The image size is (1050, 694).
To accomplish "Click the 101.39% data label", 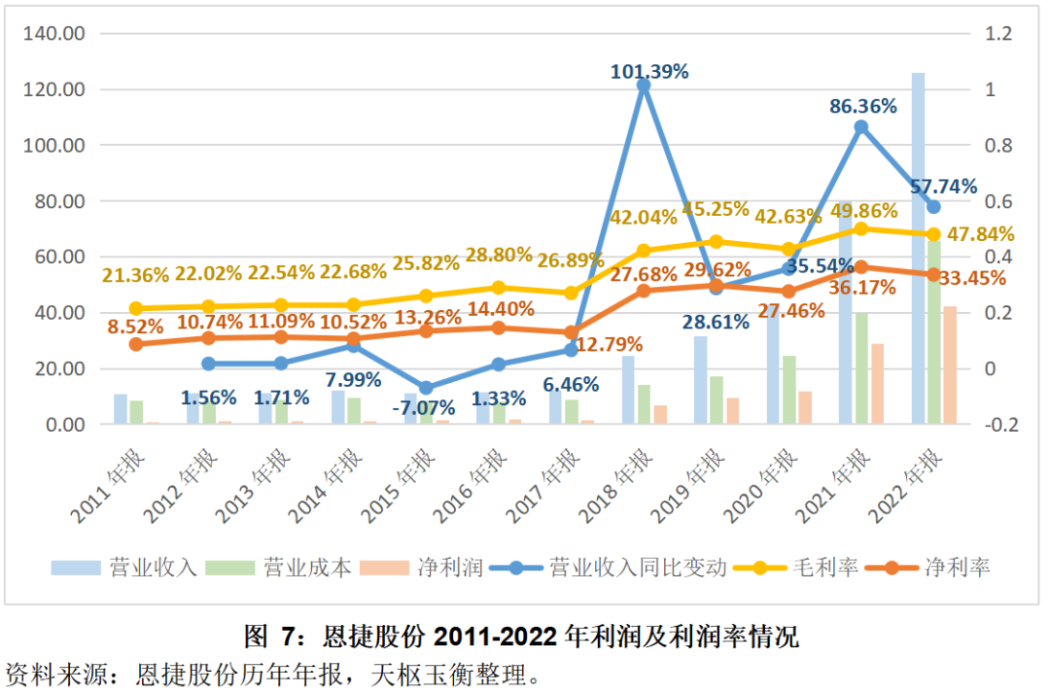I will pos(649,72).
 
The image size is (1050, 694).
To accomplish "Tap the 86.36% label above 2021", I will pos(863,107).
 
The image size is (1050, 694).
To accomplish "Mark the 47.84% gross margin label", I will pos(978,234).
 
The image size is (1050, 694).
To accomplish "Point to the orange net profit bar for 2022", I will pos(950,364).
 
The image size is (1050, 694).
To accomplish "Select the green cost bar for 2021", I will pos(860,367).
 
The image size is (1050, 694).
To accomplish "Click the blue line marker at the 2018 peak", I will pos(644,86).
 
